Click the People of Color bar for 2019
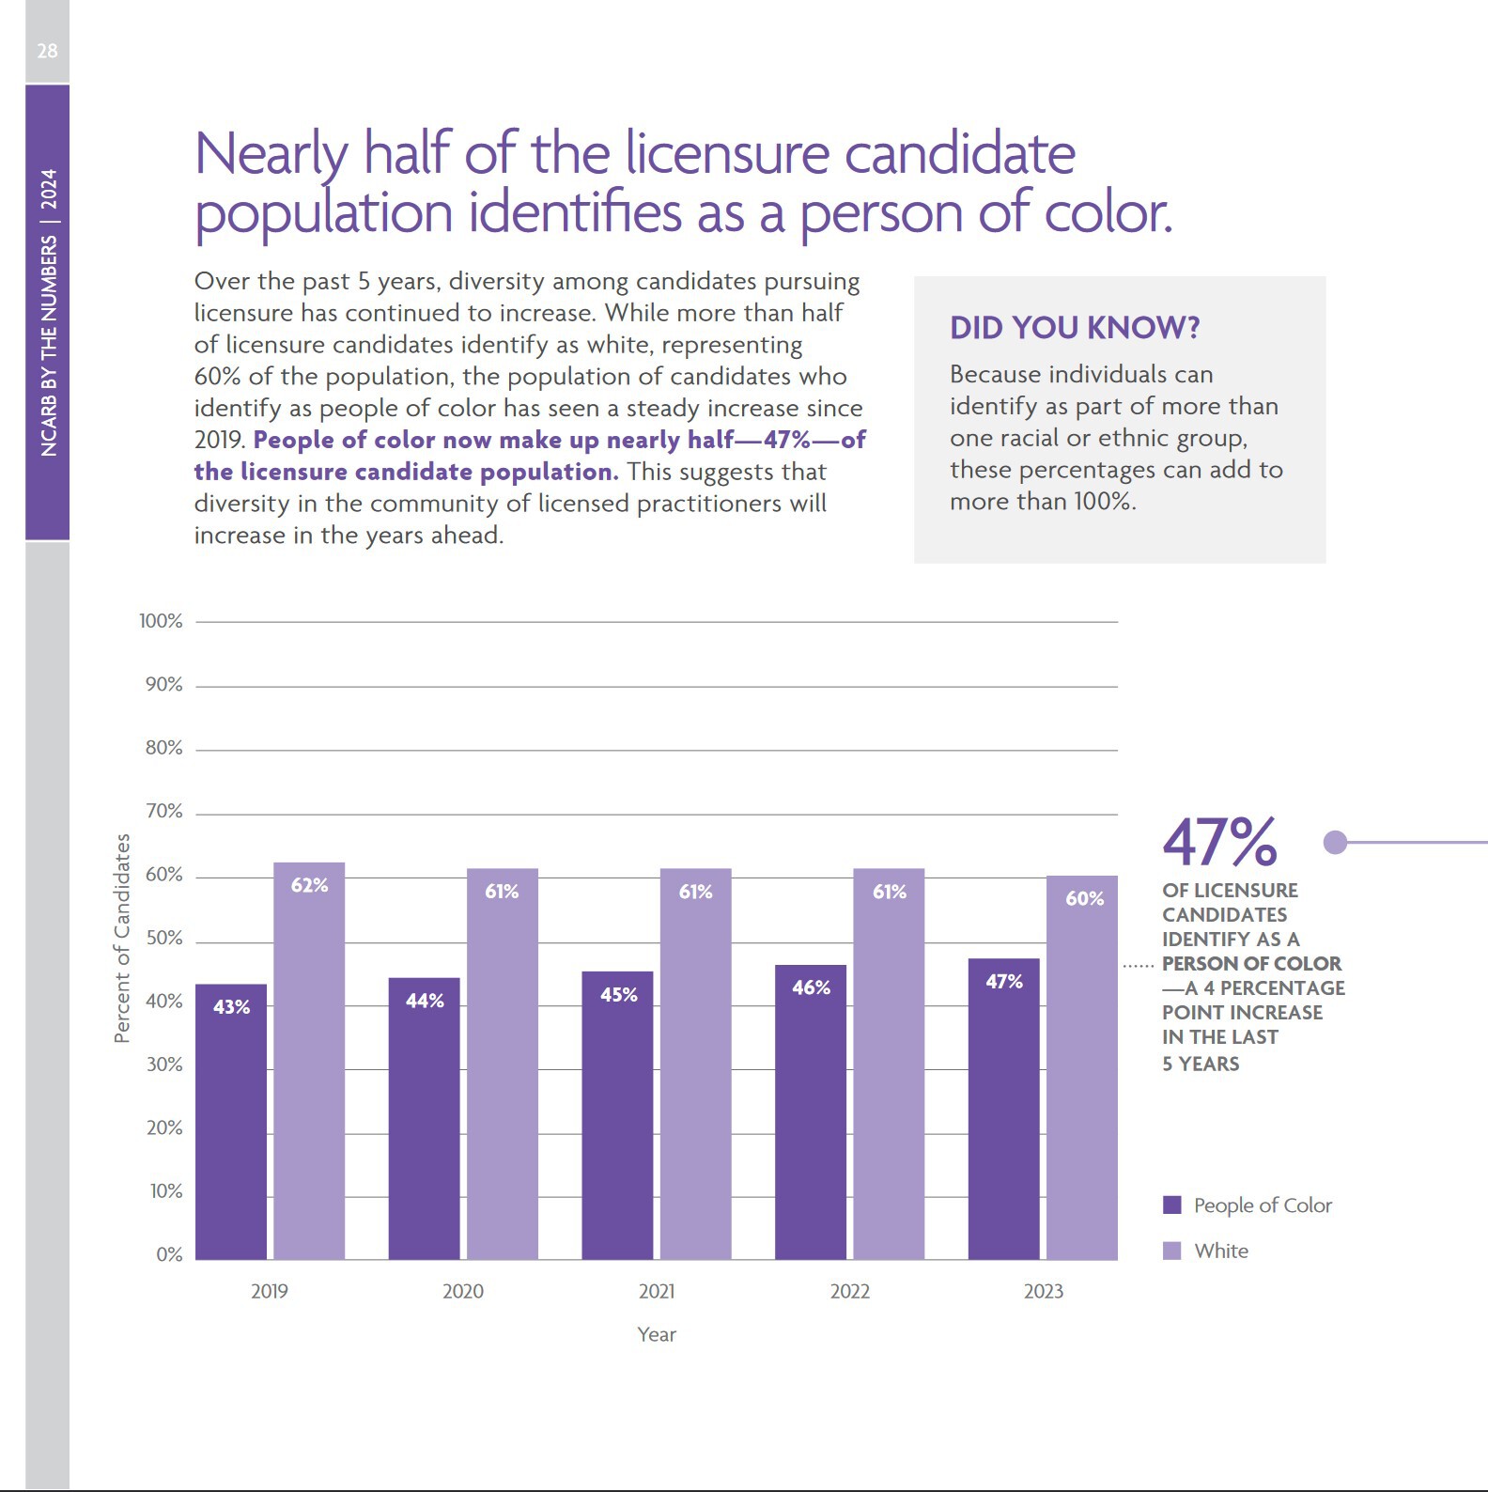click(x=231, y=1123)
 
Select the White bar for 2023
click(x=1082, y=1071)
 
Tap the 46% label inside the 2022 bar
click(x=811, y=987)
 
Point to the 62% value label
click(x=309, y=885)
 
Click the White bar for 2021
click(x=695, y=1066)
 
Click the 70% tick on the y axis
click(x=163, y=811)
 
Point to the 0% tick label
click(x=169, y=1254)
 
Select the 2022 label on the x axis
click(x=849, y=1291)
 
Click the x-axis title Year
click(x=656, y=1334)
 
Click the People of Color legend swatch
click(x=1171, y=1204)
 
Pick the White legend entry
click(x=1220, y=1251)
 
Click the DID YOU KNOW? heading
click(x=1075, y=327)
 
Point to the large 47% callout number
click(x=1219, y=842)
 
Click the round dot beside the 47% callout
click(x=1335, y=842)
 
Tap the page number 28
click(x=47, y=51)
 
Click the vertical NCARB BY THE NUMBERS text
click(x=48, y=312)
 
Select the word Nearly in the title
click(x=271, y=154)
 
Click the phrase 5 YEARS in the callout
click(x=1201, y=1064)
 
